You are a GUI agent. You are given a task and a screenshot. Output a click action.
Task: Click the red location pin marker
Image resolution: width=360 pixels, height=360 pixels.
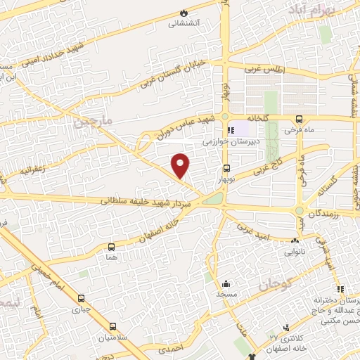(x=181, y=165)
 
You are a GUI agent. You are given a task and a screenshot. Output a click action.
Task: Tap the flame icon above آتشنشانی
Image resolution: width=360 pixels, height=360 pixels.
(x=184, y=12)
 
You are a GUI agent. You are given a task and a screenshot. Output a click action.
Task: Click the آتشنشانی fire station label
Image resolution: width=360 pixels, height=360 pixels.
(x=184, y=22)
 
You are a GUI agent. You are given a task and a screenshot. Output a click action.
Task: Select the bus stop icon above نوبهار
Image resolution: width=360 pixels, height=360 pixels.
(x=226, y=169)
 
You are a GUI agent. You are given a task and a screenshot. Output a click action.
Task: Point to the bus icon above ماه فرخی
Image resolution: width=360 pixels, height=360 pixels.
(x=300, y=119)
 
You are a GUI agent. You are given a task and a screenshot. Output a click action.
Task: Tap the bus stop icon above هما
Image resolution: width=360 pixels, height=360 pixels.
(x=111, y=247)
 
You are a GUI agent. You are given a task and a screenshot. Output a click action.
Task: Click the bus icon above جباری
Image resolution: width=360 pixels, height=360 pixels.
(x=80, y=298)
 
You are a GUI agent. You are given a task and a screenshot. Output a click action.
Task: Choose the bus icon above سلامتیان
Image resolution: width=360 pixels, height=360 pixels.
(x=112, y=326)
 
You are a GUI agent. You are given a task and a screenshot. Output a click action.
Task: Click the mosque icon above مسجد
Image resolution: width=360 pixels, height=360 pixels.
(x=225, y=284)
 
